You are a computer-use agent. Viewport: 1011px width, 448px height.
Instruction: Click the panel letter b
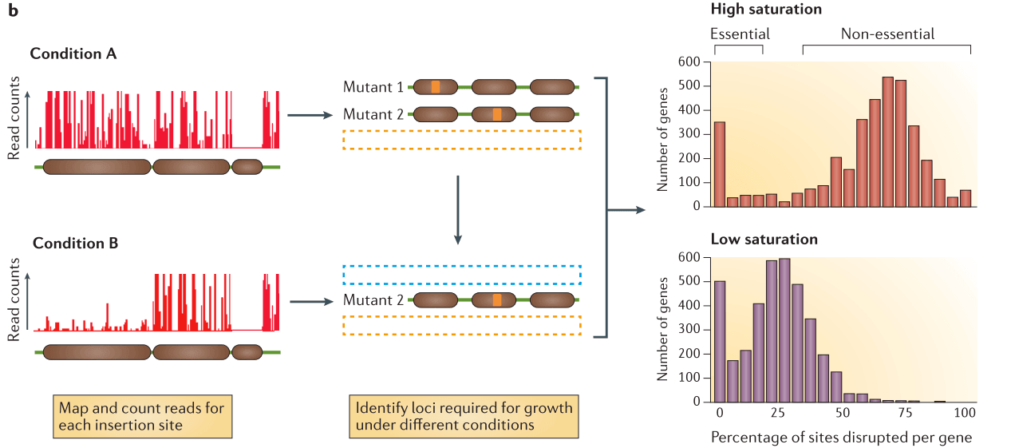coord(12,11)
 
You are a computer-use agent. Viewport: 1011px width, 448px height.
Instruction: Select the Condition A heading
coord(73,54)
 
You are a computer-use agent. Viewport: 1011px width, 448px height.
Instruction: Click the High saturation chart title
coord(766,10)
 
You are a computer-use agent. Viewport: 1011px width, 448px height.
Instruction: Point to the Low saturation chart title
coord(764,239)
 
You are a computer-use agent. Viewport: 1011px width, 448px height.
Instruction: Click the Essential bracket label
coord(740,34)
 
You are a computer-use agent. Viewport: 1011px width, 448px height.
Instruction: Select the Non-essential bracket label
coord(887,34)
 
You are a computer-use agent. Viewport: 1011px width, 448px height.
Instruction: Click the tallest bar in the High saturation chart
coord(887,141)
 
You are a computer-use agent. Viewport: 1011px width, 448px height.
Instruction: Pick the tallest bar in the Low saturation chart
coord(784,331)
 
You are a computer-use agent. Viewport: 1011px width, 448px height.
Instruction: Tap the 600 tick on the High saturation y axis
coord(689,62)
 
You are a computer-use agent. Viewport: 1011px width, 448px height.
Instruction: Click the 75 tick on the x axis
coord(905,414)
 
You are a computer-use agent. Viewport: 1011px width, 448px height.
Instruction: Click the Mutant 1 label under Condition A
coord(373,86)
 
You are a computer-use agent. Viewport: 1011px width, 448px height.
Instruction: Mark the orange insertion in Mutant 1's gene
coord(435,86)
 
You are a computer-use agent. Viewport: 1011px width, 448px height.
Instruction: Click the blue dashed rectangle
coord(462,275)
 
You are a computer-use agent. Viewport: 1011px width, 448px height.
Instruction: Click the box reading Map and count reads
coord(142,416)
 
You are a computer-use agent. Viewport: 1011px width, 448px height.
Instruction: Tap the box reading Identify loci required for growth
coord(464,416)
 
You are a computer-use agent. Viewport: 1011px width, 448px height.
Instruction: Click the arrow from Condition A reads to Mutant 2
coord(308,115)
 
